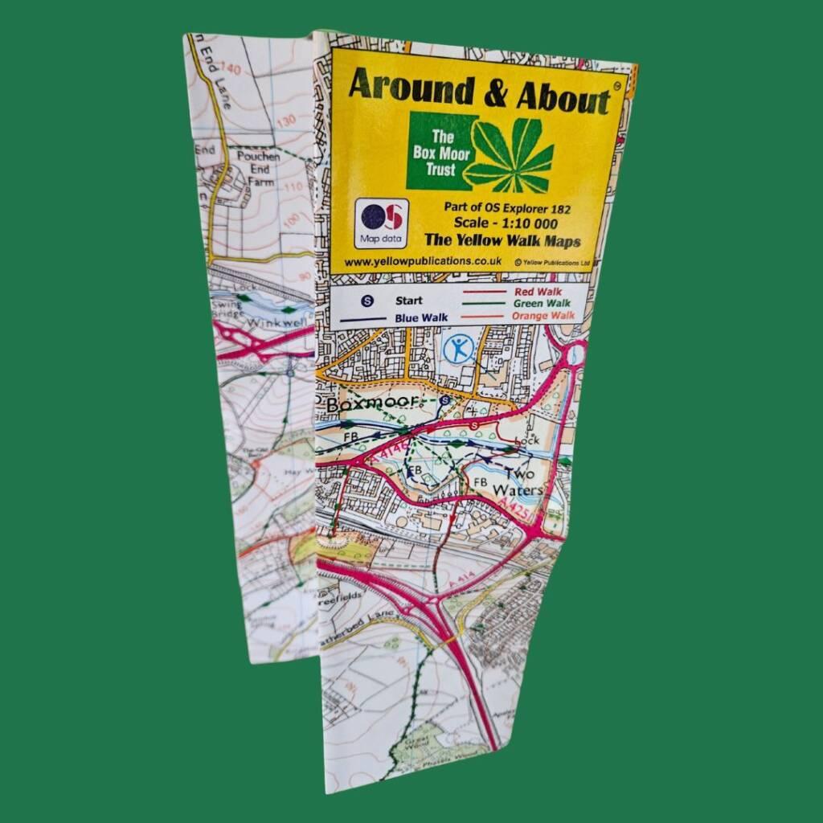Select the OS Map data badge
click(381, 224)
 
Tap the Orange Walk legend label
click(543, 316)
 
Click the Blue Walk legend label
click(420, 317)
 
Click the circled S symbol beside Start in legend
click(367, 301)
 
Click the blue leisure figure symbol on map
click(459, 349)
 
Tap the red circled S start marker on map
click(474, 424)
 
